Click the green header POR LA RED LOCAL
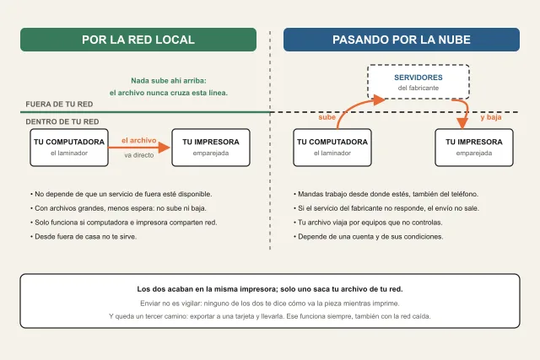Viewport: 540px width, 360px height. click(138, 40)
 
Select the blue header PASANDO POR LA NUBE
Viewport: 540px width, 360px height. click(402, 40)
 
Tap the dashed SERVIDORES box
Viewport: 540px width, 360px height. click(418, 82)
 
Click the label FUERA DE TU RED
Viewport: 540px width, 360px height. click(59, 105)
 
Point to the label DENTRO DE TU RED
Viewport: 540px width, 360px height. click(62, 121)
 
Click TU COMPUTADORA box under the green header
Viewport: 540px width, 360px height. click(69, 148)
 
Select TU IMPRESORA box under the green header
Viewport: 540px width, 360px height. click(211, 148)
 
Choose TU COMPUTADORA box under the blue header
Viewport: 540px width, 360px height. click(332, 148)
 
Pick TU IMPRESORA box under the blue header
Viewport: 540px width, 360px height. click(474, 148)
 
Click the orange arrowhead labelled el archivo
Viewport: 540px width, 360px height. click(165, 148)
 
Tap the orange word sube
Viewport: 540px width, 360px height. click(327, 117)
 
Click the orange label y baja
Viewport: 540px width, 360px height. click(491, 117)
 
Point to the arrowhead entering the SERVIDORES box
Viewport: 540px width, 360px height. click(380, 99)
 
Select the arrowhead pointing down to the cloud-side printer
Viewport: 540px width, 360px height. click(462, 123)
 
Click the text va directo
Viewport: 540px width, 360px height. click(139, 155)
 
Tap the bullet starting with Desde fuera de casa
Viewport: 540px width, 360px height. click(84, 237)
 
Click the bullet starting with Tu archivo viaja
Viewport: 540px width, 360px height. click(368, 223)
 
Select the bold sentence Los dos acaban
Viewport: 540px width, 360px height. click(270, 289)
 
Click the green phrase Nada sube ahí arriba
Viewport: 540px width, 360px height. click(169, 81)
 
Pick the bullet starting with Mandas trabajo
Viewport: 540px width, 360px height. click(386, 194)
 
